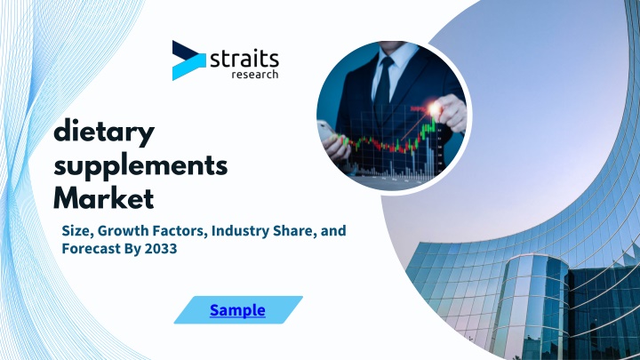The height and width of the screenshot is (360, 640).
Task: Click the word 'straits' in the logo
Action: pos(244,60)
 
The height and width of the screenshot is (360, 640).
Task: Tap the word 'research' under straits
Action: pos(255,74)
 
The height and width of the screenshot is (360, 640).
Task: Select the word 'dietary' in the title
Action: pos(104,132)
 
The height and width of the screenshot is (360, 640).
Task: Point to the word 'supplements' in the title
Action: pos(140,166)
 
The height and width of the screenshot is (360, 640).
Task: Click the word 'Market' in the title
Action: pos(104,198)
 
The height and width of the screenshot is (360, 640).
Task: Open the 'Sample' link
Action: pos(237,310)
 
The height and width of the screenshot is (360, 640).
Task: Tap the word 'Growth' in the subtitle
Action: pos(124,230)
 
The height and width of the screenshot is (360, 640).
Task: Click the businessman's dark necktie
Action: pos(384,85)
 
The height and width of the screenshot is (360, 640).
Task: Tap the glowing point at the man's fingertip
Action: pos(435,108)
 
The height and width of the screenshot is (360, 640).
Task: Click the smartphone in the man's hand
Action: pos(328,131)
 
